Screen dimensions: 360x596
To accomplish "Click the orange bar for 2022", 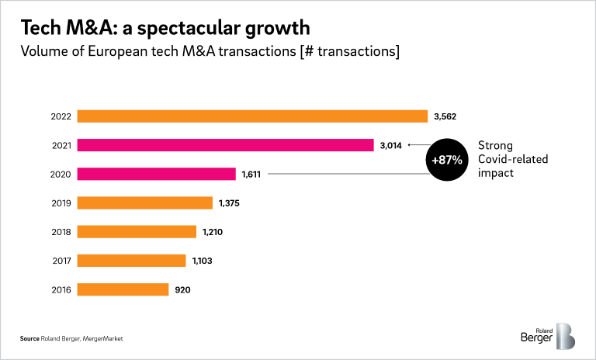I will click(253, 116).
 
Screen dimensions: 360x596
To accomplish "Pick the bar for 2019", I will click(145, 202).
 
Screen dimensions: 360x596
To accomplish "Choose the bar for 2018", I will click(137, 231).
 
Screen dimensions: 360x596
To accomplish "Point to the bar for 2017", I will click(132, 261).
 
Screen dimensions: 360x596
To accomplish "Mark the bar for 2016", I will click(123, 289).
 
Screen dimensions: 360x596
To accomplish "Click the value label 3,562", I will click(447, 116).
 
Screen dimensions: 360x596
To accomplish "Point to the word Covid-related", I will click(513, 159).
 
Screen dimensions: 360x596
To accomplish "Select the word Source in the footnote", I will click(29, 339).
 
